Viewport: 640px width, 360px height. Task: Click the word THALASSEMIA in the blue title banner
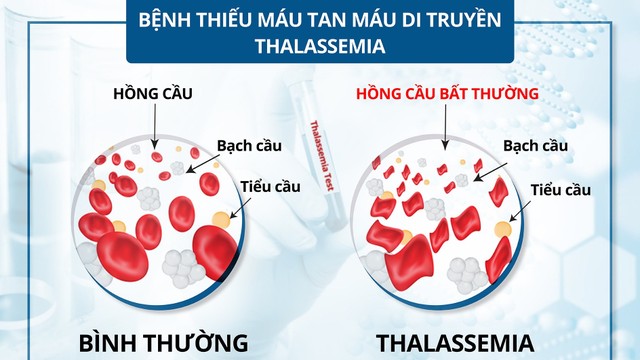(319, 46)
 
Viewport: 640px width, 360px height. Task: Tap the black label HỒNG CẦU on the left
(152, 93)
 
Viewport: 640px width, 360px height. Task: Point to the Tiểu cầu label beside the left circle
(270, 187)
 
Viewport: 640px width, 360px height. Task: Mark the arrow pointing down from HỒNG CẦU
(154, 125)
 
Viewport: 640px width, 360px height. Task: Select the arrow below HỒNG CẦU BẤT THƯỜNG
(447, 125)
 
